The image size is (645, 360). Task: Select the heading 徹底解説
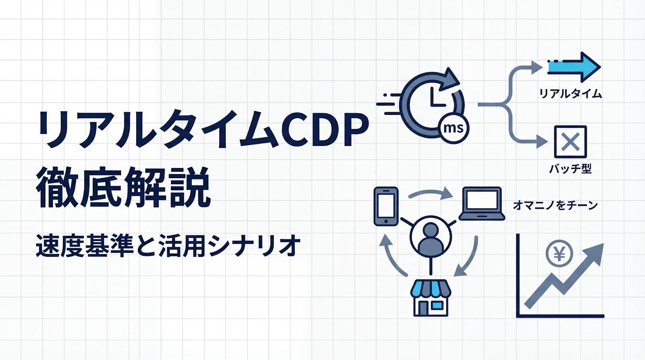[x=123, y=188]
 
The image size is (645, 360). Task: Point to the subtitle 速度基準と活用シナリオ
[x=168, y=246]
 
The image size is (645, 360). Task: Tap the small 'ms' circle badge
[x=453, y=129]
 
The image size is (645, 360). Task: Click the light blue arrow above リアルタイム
[x=574, y=67]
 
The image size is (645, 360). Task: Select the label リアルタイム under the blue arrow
[x=570, y=94]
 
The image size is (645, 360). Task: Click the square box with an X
[x=570, y=142]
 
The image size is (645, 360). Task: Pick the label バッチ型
[x=570, y=169]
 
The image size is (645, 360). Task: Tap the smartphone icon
[x=386, y=206]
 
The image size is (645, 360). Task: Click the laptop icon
[x=482, y=204]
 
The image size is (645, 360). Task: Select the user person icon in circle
[x=430, y=237]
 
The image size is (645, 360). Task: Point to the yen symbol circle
[x=559, y=253]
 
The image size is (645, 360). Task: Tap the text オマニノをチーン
[x=555, y=206]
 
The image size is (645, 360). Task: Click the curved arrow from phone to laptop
[x=430, y=193]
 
